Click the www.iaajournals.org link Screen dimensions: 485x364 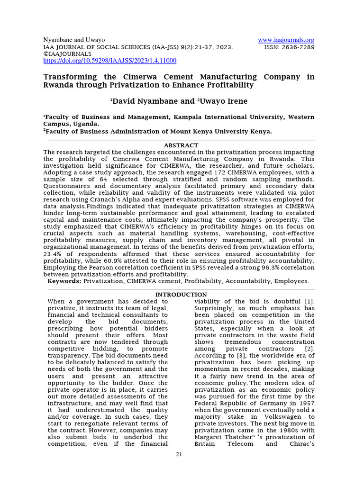[286, 40]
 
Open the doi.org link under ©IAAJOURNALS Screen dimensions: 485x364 [109, 61]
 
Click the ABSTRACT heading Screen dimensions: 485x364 [181, 145]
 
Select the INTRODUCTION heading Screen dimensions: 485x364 [182, 295]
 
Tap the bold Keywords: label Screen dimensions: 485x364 [64, 281]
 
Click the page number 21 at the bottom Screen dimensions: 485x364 [179, 455]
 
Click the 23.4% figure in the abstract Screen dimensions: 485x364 [51, 254]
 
